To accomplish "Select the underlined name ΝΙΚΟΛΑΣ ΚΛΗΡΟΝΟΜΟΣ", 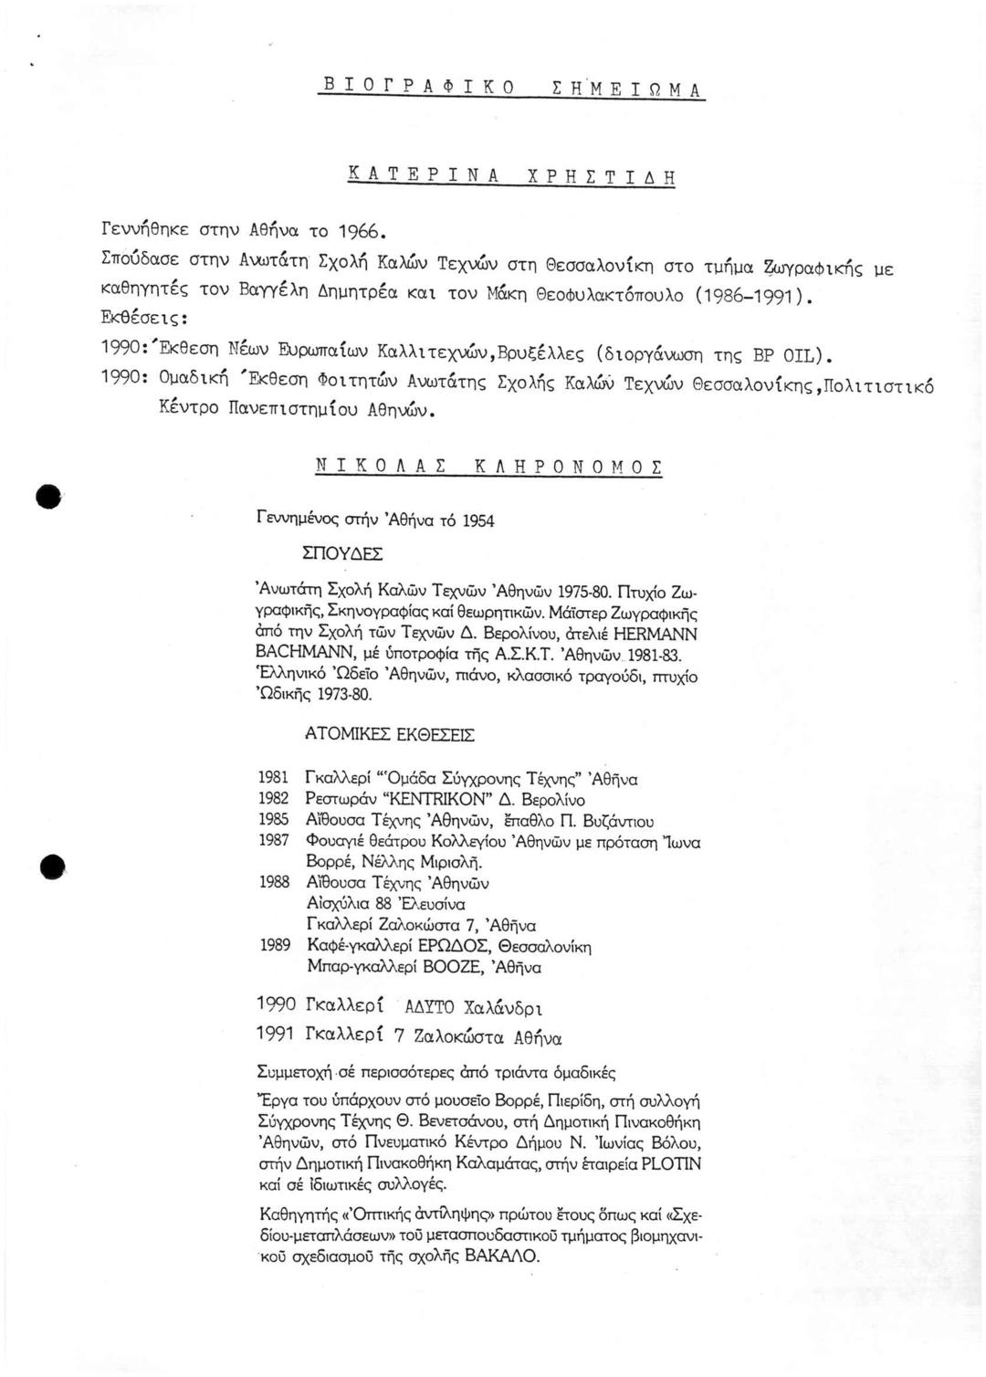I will tap(488, 467).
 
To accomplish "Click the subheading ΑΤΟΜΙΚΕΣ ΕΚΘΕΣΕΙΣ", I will tap(390, 734).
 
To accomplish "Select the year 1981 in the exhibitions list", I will tap(274, 778).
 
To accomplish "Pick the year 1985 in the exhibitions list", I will tap(274, 820).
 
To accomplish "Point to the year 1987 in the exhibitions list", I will tap(274, 840).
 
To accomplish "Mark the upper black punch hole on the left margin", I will tap(48, 496).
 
